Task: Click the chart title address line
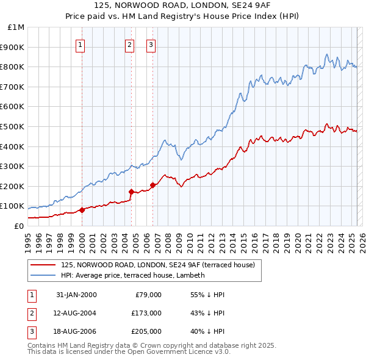point(183,5)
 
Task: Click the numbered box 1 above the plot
point(81,44)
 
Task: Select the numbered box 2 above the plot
point(130,44)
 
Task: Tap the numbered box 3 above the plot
point(151,44)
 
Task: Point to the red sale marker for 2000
point(82,210)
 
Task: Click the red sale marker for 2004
point(131,192)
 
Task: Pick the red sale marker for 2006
point(152,185)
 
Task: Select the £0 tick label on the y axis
point(19,226)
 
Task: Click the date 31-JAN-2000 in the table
point(76,295)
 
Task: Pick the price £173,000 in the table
point(146,313)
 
